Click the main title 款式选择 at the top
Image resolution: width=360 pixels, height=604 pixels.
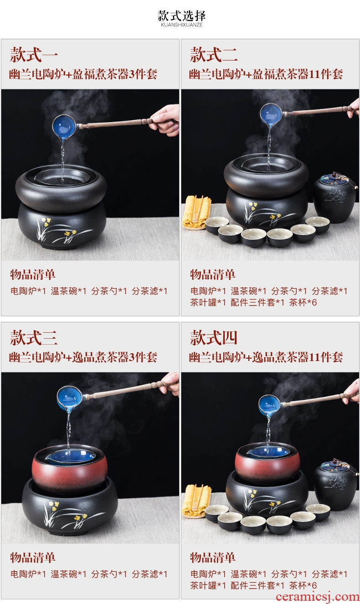[182, 15]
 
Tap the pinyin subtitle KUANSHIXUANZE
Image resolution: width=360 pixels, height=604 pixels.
[182, 25]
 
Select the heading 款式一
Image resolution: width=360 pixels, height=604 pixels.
[34, 55]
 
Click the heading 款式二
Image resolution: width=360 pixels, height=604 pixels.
[213, 55]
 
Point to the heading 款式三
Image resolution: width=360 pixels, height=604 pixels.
[34, 338]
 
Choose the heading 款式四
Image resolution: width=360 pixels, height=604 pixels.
[213, 338]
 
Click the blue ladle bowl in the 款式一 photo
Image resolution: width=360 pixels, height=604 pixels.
[65, 127]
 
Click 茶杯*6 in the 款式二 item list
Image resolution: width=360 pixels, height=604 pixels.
[303, 302]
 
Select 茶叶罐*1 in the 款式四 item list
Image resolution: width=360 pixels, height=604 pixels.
[208, 585]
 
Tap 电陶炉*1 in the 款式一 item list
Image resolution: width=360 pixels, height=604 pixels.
[28, 291]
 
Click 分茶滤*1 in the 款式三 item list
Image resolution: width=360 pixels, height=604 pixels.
[149, 574]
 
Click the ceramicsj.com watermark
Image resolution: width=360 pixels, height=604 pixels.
[318, 597]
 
